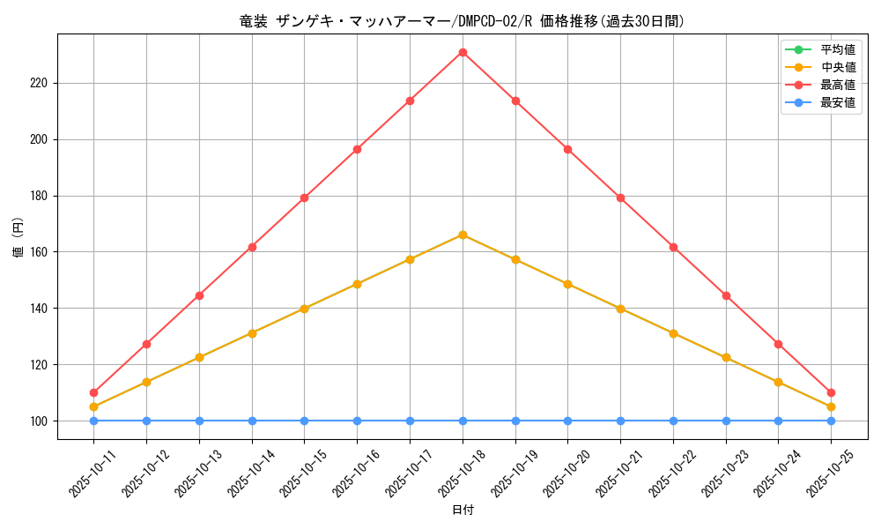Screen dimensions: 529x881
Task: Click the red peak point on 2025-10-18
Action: tap(463, 52)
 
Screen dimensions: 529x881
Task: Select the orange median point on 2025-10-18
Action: tap(463, 235)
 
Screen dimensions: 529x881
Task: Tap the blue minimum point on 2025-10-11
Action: tap(93, 421)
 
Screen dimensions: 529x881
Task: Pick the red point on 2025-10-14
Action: tap(252, 247)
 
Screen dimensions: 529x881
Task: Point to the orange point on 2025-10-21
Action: tap(620, 309)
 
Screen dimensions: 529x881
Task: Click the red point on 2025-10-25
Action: tap(831, 392)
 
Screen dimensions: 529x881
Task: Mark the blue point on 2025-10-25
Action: tap(831, 421)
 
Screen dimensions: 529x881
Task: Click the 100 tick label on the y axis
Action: tap(40, 421)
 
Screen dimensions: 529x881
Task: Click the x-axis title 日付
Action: tap(463, 510)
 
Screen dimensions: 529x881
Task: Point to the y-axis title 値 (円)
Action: tap(18, 237)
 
